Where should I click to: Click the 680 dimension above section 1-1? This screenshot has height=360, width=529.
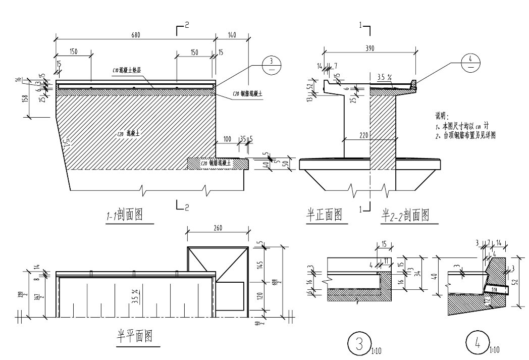click(135, 35)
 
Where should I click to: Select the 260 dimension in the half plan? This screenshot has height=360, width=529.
click(218, 229)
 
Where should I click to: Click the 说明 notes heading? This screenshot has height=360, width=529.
click(442, 116)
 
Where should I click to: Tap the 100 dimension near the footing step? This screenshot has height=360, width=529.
click(227, 138)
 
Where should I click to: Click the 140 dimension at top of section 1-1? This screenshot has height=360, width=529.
click(232, 35)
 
